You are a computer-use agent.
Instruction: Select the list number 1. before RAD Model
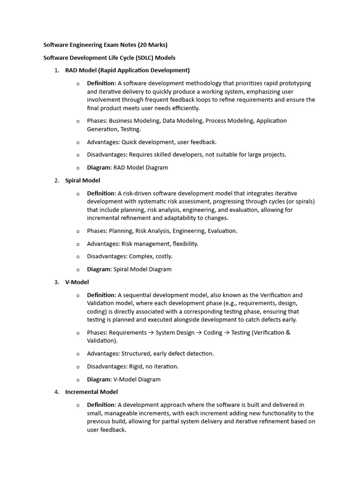coord(56,70)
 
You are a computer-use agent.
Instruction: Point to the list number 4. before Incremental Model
coord(56,392)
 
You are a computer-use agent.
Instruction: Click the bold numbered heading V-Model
coord(77,282)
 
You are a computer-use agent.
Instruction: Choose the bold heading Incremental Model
coord(91,392)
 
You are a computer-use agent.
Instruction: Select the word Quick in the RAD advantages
coord(130,142)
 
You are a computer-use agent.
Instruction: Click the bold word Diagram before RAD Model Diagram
coord(99,167)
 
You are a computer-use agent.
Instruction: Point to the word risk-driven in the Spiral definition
coord(137,193)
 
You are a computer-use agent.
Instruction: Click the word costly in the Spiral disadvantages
coord(162,256)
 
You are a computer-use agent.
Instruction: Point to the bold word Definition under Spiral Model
coord(101,193)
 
